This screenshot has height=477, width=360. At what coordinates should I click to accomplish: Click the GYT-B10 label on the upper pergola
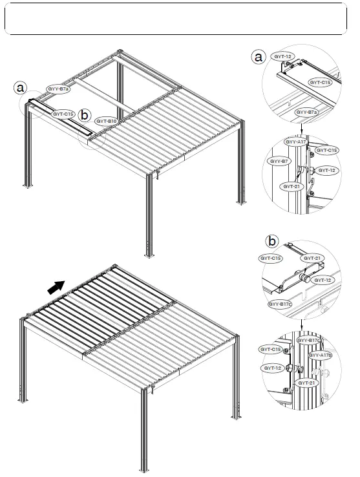point(107,121)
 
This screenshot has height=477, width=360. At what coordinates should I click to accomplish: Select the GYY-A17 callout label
point(295,141)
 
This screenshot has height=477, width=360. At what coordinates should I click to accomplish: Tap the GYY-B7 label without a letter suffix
point(279,160)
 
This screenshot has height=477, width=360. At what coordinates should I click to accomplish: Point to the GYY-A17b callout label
point(320,355)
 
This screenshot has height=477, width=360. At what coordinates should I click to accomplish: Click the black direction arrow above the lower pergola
point(57,286)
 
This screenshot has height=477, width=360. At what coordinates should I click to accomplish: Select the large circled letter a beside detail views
point(259,58)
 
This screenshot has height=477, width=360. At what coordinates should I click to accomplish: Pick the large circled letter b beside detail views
point(273,242)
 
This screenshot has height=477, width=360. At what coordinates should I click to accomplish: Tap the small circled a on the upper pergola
point(21,87)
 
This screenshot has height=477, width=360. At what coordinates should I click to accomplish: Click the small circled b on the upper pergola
point(84,115)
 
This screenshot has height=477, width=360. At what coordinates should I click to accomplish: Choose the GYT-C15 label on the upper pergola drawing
point(63,114)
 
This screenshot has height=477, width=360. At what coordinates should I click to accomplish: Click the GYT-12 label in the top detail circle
point(283,56)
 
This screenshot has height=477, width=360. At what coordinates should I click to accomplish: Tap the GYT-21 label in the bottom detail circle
point(307,383)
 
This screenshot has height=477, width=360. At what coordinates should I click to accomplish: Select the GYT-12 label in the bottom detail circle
point(272,367)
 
